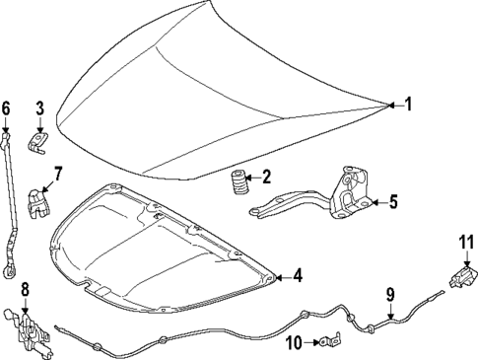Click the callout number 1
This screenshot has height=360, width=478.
pyautogui.click(x=409, y=103)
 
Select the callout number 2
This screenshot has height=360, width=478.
pyautogui.click(x=265, y=179)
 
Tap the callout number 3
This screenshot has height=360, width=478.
pyautogui.click(x=40, y=108)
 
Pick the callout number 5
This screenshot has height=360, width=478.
pyautogui.click(x=392, y=203)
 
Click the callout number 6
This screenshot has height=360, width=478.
pyautogui.click(x=6, y=108)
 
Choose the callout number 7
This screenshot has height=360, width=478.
pyautogui.click(x=57, y=174)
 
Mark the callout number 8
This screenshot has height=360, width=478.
pyautogui.click(x=25, y=289)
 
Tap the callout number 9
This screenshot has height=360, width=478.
pyautogui.click(x=389, y=293)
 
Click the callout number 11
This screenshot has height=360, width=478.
pyautogui.click(x=465, y=242)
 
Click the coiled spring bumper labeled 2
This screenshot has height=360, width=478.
pyautogui.click(x=238, y=185)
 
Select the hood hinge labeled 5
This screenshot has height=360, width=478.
pyautogui.click(x=340, y=196)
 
